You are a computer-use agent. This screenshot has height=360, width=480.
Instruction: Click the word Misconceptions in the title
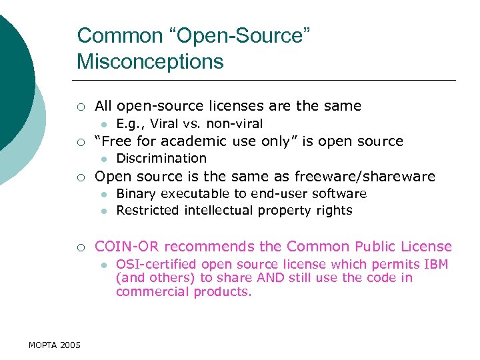tap(150, 61)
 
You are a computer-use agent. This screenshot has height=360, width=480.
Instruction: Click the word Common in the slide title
tap(111, 35)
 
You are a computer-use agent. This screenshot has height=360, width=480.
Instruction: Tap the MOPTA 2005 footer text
tap(55, 345)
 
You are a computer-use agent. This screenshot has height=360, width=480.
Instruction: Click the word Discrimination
tap(161, 158)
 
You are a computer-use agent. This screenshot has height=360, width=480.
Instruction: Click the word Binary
tap(135, 194)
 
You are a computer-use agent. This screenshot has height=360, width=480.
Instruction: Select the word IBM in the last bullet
tap(436, 265)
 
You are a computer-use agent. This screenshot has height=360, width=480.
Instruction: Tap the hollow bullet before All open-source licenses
tap(80, 107)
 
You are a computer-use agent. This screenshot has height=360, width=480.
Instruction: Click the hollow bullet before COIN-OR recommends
tap(80, 247)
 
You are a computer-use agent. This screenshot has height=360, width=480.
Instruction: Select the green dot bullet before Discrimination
tap(104, 159)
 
